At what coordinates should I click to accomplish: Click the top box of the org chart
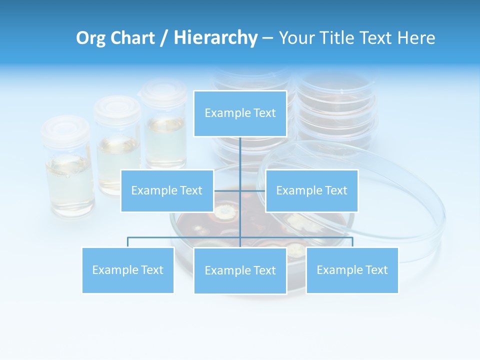pos(240,113)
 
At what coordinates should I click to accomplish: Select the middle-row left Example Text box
pos(167,190)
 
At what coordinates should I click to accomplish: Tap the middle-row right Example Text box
pos(311,190)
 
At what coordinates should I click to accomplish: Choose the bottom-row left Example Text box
pos(128,270)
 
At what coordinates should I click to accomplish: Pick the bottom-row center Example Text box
pos(240,270)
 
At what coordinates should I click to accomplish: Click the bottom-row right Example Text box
pos(352,270)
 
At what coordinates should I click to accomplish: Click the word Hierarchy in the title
pos(215,38)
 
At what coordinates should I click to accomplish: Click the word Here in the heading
pos(416,38)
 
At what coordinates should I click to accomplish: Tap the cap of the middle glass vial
pos(117,106)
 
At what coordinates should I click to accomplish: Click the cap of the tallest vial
pos(164,91)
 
